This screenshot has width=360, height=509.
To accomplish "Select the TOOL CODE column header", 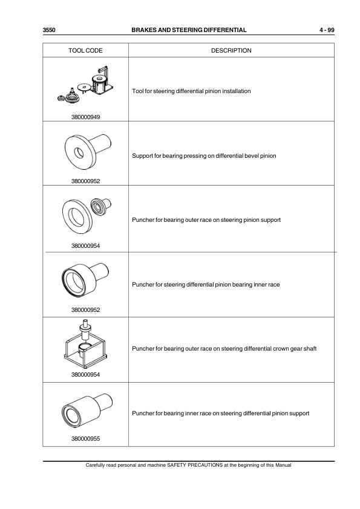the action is (87, 50).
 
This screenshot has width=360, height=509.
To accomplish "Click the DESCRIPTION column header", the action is (231, 50).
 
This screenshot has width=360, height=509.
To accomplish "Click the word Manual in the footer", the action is (282, 465).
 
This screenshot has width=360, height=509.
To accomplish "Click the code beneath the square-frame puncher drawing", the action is (87, 374).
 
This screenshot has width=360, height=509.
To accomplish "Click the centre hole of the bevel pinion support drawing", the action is (77, 152).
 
